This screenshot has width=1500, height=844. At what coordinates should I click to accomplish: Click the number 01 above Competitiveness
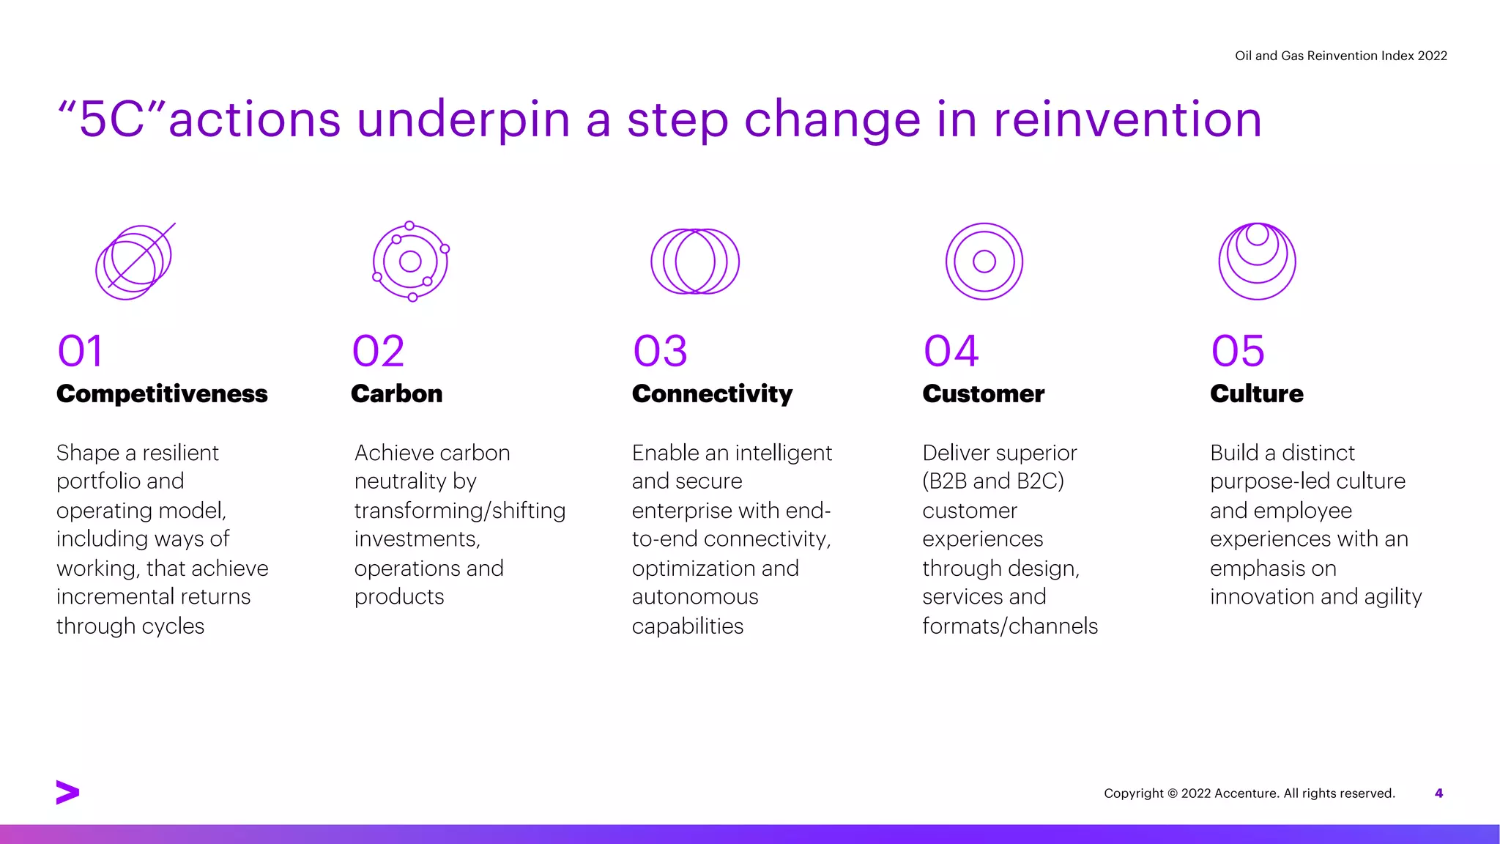point(81,351)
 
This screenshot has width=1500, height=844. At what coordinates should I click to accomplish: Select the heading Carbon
point(396,394)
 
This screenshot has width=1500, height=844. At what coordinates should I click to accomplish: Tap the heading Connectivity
point(712,394)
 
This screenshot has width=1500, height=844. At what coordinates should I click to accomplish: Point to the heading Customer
point(983,394)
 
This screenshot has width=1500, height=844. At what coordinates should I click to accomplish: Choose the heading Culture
point(1256,394)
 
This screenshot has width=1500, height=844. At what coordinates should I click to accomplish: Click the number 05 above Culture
point(1238,351)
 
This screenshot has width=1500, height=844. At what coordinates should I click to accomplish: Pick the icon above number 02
point(410,262)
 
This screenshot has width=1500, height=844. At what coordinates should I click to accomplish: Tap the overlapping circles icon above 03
point(695,262)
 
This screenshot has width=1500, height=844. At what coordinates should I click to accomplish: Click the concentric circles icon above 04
point(984,262)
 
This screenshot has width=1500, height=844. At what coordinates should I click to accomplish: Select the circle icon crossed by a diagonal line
point(135,262)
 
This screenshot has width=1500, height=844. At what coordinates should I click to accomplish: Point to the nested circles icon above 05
point(1257,262)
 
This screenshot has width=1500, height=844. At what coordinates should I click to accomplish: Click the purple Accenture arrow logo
point(67,792)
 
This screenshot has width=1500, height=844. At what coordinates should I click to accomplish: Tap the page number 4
point(1438,793)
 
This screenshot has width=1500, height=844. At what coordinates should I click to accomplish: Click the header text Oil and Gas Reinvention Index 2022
point(1340,56)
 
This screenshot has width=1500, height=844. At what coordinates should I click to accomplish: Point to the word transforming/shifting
point(459,511)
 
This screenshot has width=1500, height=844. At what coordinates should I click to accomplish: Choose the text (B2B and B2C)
point(992,481)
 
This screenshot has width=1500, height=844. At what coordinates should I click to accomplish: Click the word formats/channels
point(1009,626)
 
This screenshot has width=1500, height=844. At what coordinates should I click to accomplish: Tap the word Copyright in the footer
point(1133,793)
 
